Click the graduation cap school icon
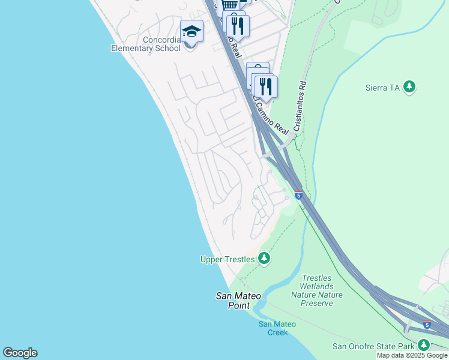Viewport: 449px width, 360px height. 191,31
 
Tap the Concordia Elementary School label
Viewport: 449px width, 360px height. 146,44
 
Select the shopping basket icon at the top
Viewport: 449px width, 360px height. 229,5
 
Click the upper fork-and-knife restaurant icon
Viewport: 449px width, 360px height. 238,25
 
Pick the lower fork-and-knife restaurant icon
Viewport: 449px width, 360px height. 266,86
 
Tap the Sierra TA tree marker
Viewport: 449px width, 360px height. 410,88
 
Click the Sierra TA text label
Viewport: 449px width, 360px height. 382,88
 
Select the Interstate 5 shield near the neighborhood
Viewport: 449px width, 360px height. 298,195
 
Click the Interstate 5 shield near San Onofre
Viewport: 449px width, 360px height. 426,325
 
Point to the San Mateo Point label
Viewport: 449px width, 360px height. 233,301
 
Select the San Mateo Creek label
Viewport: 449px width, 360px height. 277,328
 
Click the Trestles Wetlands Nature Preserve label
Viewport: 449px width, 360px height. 317,290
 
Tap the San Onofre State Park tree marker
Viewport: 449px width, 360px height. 424,345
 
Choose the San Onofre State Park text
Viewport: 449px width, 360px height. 373,346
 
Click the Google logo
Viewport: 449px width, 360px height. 20,353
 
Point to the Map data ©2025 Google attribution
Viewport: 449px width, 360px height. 412,356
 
